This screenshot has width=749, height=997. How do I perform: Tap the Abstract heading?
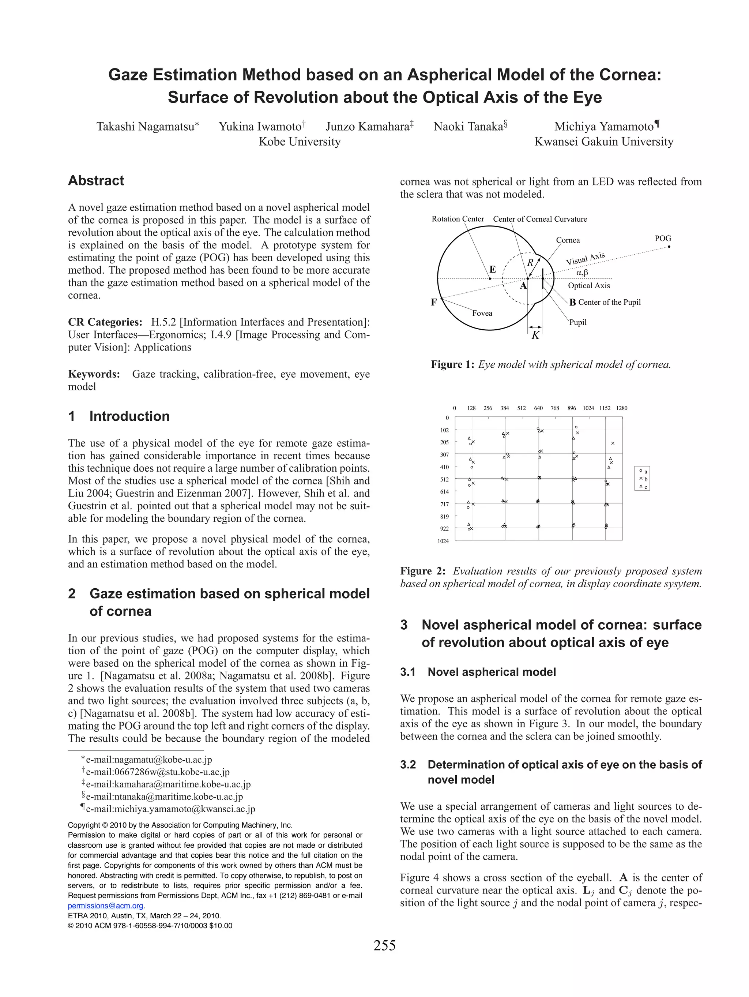95,181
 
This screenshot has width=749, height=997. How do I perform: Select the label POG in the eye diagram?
662,239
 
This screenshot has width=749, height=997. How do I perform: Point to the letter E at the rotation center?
493,270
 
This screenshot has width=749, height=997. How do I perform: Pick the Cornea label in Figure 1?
568,240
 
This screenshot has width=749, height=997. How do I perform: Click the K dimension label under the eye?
535,336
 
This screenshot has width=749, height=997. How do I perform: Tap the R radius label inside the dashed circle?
530,262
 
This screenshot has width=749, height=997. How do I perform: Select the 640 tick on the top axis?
538,408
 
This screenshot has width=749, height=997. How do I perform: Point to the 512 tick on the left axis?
444,480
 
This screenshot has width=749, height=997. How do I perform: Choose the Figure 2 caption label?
422,571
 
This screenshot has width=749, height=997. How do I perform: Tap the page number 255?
384,945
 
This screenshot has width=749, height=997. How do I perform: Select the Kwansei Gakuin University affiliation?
603,142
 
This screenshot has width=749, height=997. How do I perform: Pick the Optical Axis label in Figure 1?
588,286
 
